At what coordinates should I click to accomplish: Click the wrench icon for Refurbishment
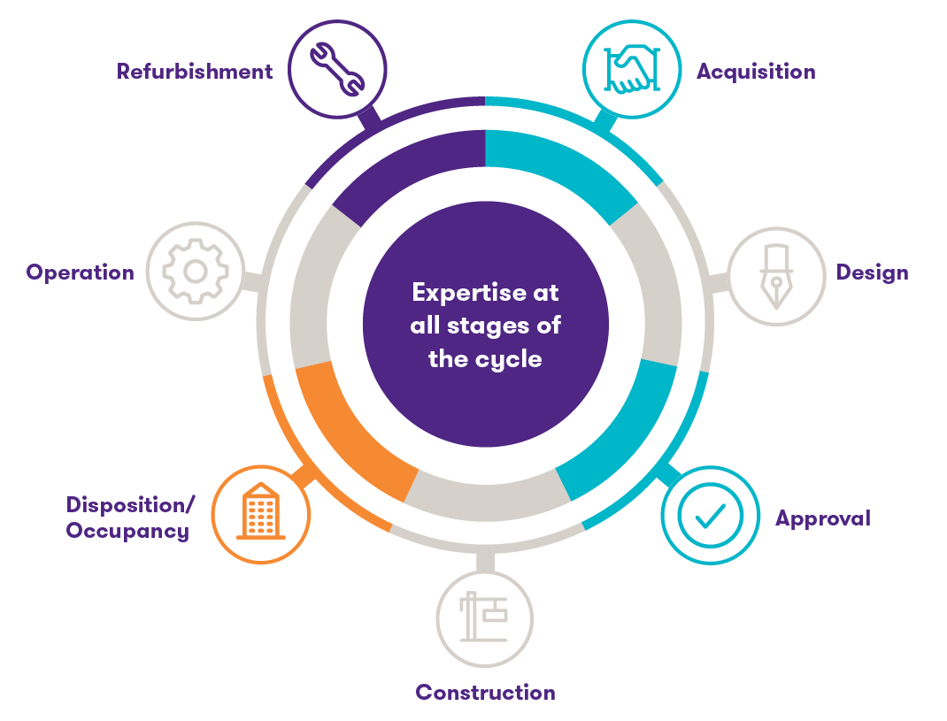(337, 68)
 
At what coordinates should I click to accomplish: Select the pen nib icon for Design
(775, 276)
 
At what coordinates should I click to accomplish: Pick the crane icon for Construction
(484, 617)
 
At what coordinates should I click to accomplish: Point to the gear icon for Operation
(195, 270)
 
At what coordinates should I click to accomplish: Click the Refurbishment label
(195, 72)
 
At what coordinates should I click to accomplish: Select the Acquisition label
(756, 72)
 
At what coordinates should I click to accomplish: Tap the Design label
(872, 272)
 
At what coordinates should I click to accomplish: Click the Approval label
(822, 518)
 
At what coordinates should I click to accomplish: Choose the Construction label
(485, 692)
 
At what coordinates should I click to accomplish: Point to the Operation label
(81, 272)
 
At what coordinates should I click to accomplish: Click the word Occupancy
(127, 531)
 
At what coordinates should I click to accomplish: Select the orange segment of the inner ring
(350, 428)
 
